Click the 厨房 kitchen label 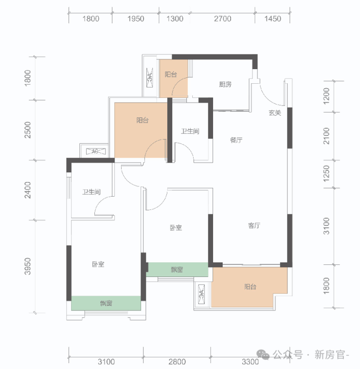click(x=225, y=84)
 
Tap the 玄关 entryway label click(x=275, y=113)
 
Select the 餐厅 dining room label click(x=236, y=140)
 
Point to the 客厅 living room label click(x=254, y=225)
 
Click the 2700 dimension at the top click(x=222, y=18)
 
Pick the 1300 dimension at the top click(x=175, y=18)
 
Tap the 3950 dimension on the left click(x=28, y=266)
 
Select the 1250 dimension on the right click(x=326, y=173)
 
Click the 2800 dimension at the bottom click(x=177, y=362)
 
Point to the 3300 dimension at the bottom click(x=250, y=362)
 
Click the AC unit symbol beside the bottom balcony click(x=201, y=294)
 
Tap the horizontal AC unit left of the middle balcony click(x=95, y=151)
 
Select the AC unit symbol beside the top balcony click(x=149, y=77)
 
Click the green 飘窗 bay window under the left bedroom click(x=106, y=303)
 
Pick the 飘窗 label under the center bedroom click(x=177, y=270)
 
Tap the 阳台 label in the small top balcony click(x=171, y=74)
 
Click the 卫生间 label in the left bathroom click(x=91, y=192)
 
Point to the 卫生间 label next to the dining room click(x=190, y=131)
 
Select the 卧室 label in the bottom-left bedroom click(x=98, y=264)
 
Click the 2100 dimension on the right click(x=326, y=136)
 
